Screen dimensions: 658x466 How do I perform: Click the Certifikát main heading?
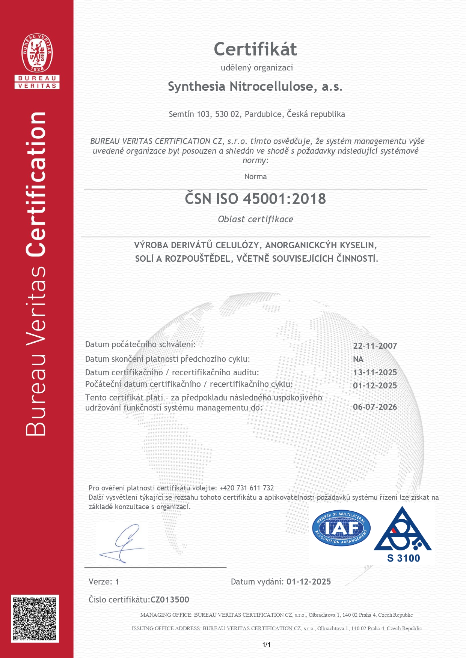pyautogui.click(x=255, y=49)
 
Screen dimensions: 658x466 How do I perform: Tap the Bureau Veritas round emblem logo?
pyautogui.click(x=37, y=53)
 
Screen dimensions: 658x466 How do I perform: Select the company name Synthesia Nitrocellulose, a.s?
pyautogui.click(x=255, y=87)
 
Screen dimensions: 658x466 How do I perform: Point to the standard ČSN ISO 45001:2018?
pyautogui.click(x=255, y=199)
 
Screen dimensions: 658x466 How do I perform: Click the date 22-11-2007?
pyautogui.click(x=375, y=346)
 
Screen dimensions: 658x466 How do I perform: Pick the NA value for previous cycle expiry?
pyautogui.click(x=358, y=359)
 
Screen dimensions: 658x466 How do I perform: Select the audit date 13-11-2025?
pyautogui.click(x=375, y=372)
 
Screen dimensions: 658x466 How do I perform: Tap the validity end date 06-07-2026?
pyautogui.click(x=375, y=407)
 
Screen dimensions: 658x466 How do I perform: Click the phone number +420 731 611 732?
pyautogui.click(x=247, y=488)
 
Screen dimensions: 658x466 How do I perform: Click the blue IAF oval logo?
pyautogui.click(x=341, y=528)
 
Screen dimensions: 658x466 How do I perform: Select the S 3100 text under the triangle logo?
pyautogui.click(x=403, y=558)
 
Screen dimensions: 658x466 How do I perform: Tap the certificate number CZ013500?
pyautogui.click(x=170, y=600)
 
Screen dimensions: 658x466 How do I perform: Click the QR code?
pyautogui.click(x=35, y=618)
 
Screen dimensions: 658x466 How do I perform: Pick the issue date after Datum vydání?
pyautogui.click(x=309, y=582)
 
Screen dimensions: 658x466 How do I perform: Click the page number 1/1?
pyautogui.click(x=266, y=645)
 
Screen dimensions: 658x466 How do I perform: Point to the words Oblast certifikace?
pyautogui.click(x=255, y=219)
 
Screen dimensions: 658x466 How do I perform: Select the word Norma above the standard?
pyautogui.click(x=255, y=177)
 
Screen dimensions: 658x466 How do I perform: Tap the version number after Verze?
pyautogui.click(x=117, y=582)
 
